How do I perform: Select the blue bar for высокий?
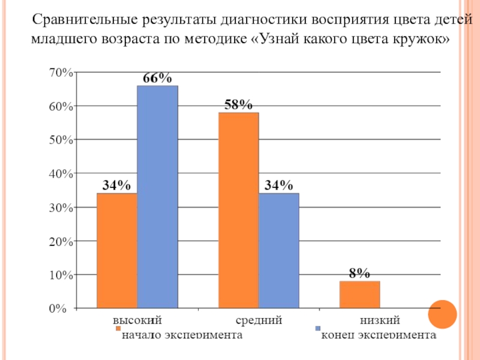coord(157,197)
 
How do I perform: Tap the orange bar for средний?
coord(238,211)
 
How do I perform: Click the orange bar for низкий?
coord(359,295)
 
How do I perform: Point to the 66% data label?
coord(157,78)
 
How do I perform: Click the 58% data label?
coord(238,105)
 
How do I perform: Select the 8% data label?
coord(359,274)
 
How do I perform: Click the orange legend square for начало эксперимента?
coord(118,329)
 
